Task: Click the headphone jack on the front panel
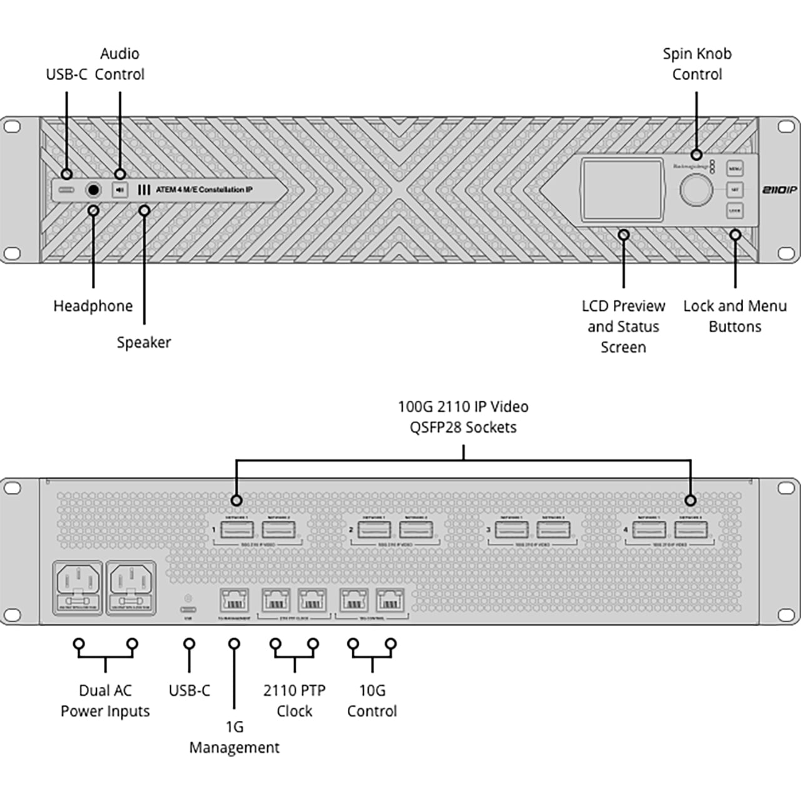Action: coord(93,190)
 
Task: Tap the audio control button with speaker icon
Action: coord(120,190)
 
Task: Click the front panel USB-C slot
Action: coord(66,190)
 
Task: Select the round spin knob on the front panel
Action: coord(696,190)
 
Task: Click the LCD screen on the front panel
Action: coord(622,190)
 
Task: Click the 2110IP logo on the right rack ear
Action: coord(780,190)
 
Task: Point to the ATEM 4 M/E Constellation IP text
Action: coord(204,190)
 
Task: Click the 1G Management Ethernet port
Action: coord(234,601)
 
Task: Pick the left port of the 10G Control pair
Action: coord(354,601)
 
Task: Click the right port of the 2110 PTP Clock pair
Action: coord(312,601)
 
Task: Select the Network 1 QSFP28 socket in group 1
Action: coord(237,530)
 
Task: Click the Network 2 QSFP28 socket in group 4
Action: coord(691,530)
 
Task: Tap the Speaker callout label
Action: coord(144,342)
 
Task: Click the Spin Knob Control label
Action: coord(697,64)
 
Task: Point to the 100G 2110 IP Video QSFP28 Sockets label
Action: coord(463,417)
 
